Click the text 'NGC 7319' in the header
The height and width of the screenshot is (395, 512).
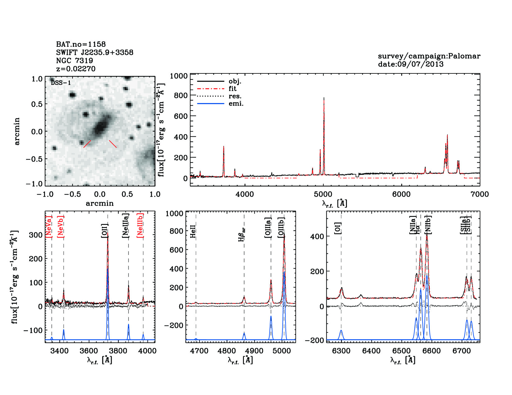click(74, 61)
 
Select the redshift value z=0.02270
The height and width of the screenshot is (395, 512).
click(76, 69)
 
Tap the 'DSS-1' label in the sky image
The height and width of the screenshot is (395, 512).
click(61, 83)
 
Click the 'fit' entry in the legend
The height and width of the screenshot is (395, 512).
click(232, 89)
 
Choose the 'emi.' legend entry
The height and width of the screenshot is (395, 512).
click(236, 104)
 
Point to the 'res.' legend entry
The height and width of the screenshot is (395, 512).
click(235, 96)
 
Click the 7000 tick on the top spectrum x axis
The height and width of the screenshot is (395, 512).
click(480, 194)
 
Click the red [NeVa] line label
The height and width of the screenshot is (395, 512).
click(49, 226)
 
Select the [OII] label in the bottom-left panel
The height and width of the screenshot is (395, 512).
click(105, 231)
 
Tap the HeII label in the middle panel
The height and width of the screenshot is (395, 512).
click(193, 232)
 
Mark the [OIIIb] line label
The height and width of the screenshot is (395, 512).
click(281, 227)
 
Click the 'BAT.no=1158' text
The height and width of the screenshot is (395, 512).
click(81, 44)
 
